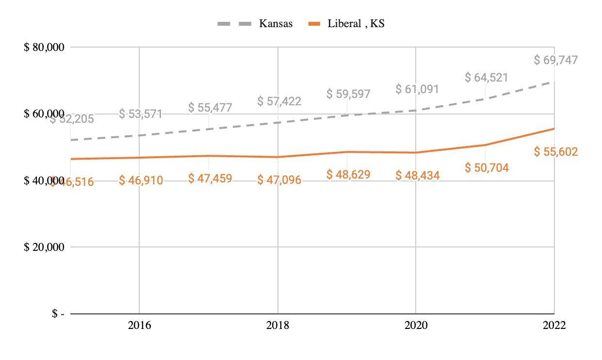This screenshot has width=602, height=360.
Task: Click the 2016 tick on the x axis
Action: [139, 325]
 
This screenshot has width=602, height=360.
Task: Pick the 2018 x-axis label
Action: [277, 325]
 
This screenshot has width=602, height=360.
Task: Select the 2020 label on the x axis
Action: [416, 325]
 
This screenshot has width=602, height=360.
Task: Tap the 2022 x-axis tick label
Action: [554, 325]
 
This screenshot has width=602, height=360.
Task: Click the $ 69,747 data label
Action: [556, 60]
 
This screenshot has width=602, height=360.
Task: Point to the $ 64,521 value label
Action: [487, 77]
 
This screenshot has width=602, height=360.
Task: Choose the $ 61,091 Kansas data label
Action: [417, 89]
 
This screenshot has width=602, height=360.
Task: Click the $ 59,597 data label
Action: [348, 94]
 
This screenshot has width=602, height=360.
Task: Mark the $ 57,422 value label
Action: [279, 101]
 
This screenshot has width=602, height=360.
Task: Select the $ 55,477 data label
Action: [210, 107]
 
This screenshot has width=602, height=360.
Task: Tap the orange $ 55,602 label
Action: [556, 152]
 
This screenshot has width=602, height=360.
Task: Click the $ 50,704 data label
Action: [487, 168]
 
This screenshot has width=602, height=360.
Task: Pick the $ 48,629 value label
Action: [348, 174]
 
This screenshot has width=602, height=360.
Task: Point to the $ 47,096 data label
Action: [279, 180]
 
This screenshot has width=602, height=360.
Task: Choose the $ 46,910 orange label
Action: [141, 181]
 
